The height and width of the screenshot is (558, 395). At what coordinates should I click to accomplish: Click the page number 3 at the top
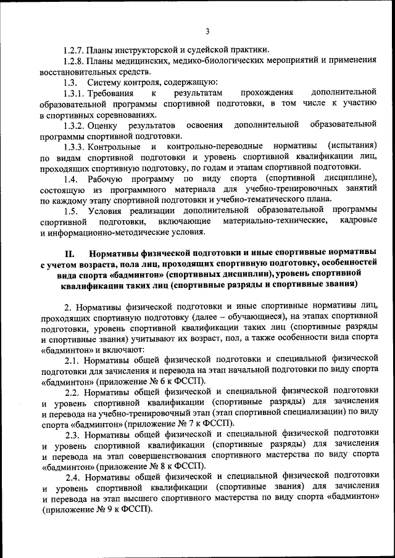coord(208,32)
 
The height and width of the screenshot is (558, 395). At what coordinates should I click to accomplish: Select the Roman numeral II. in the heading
coord(70,253)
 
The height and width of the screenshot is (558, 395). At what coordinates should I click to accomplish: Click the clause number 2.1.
coord(75,359)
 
